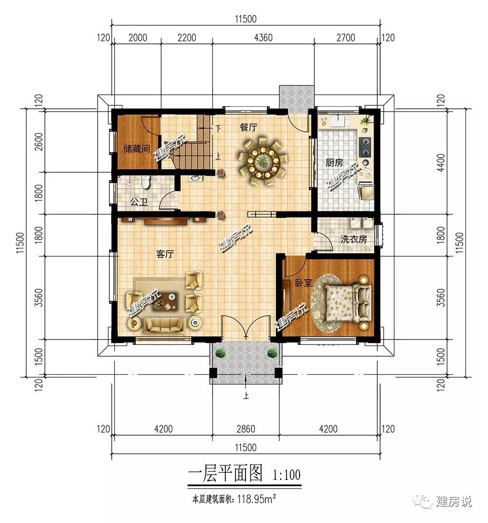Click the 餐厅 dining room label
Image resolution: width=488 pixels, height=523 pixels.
[x=248, y=127]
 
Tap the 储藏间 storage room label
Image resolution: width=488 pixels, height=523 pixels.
[x=137, y=148]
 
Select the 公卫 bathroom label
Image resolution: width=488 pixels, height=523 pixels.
[x=139, y=202]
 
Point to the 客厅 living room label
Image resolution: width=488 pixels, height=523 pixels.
[x=165, y=255]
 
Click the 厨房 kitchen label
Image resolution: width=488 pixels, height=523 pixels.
[x=334, y=163]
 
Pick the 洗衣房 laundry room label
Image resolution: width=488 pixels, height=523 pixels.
[x=354, y=239]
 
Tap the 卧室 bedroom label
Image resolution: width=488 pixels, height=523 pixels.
[x=304, y=283]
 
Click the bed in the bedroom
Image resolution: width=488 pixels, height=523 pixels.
[x=346, y=303]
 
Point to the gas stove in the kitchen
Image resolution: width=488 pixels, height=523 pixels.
[x=365, y=147]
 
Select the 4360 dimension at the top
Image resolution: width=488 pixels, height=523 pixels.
[x=263, y=38]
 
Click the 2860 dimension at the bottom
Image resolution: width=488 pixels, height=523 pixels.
[x=246, y=429]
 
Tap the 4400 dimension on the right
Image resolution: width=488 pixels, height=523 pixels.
[x=441, y=162]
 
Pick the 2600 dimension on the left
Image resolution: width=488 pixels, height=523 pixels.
[x=39, y=142]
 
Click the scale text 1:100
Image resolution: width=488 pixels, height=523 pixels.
[x=286, y=475]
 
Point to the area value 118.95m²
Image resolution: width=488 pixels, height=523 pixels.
[x=257, y=499]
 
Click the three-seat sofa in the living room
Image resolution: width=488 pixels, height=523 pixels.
[x=165, y=325]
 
